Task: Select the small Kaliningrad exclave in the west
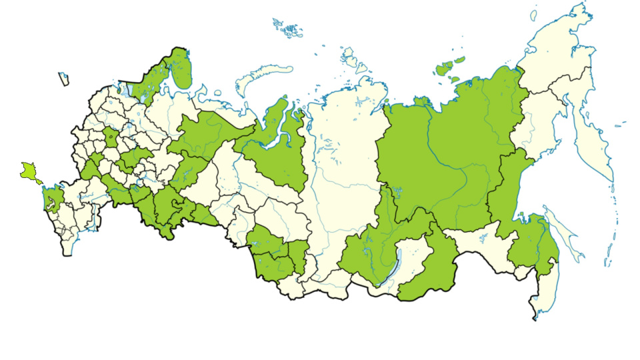[x=64, y=79]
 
